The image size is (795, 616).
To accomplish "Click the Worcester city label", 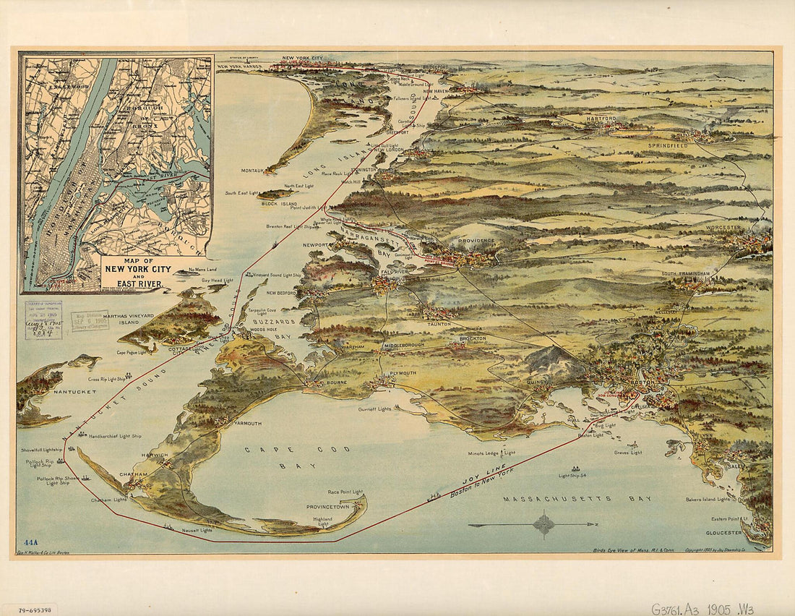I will click(724, 227).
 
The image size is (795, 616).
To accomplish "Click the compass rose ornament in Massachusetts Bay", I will click(543, 524).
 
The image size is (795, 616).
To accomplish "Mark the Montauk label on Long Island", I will click(252, 171).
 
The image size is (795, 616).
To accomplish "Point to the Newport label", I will click(315, 245).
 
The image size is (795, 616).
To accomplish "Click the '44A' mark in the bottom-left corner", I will click(30, 542).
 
